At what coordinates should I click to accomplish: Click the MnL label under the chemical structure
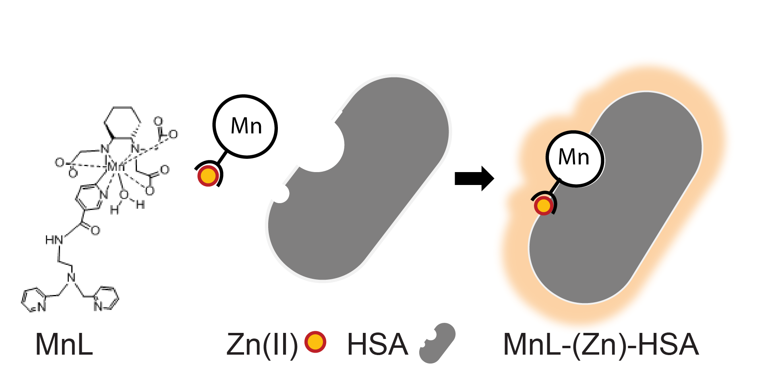(64, 345)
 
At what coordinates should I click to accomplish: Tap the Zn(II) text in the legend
(262, 345)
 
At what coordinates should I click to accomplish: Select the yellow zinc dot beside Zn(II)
(315, 342)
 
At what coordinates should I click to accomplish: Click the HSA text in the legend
(377, 345)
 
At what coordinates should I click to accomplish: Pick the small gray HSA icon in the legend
(437, 343)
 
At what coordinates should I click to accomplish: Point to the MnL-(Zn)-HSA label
(601, 345)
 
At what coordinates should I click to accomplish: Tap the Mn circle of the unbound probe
(245, 127)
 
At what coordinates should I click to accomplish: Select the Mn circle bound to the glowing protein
(575, 158)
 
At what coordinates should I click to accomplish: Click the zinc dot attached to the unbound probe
(208, 176)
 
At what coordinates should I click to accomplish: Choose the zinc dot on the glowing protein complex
(544, 206)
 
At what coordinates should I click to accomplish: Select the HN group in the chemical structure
(54, 241)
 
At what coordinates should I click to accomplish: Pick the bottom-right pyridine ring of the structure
(106, 299)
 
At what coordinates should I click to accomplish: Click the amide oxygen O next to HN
(95, 231)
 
